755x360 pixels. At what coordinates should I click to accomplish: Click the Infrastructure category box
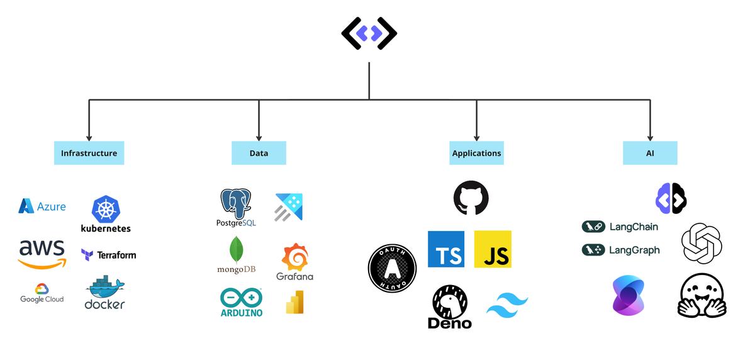coord(89,153)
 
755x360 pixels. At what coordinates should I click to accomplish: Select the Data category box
coord(259,153)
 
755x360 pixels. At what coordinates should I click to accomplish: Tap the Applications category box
coord(476,153)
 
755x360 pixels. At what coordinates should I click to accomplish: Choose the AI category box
coord(650,153)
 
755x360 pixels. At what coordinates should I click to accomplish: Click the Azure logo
coord(42,206)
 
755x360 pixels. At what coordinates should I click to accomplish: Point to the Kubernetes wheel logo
coord(106,209)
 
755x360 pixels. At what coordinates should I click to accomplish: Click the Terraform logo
coord(108,255)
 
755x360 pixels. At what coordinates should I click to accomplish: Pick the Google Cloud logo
coord(42,293)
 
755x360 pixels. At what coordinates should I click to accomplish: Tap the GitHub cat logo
coord(471,198)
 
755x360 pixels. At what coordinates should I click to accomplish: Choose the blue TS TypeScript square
coord(446,249)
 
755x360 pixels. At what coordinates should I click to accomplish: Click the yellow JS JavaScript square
coord(493,249)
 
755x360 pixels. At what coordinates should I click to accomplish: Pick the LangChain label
coord(620,227)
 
